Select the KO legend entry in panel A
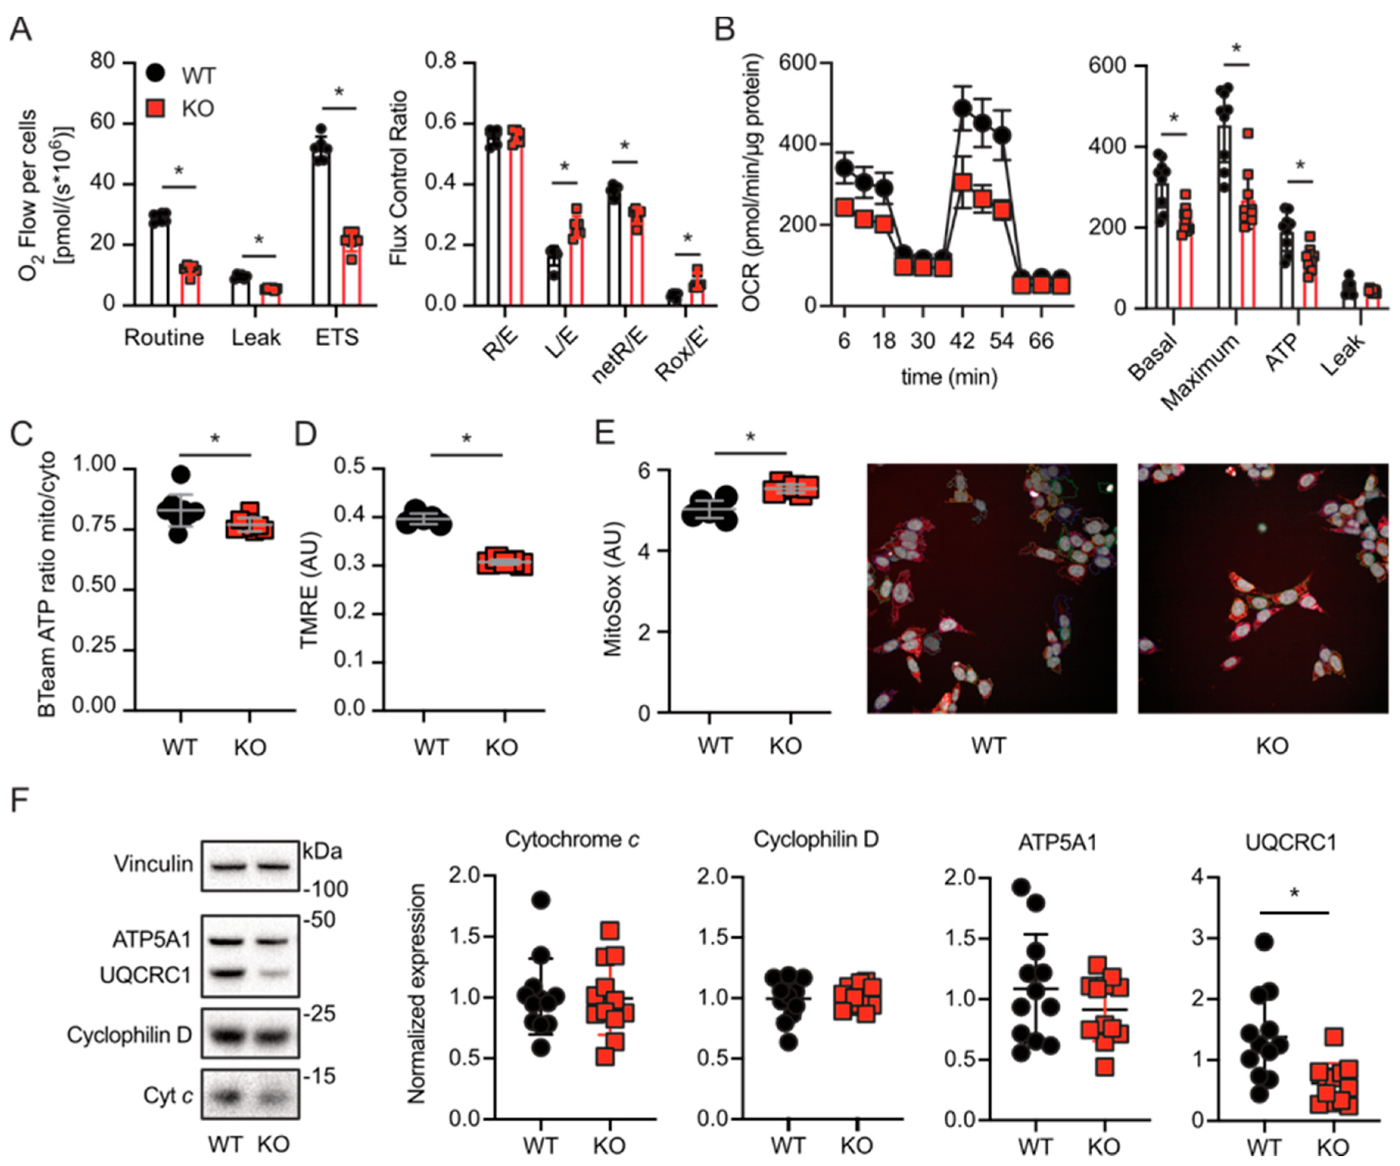pos(197,109)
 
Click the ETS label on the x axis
pos(337,337)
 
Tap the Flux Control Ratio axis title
pos(398,179)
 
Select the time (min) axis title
pos(949,377)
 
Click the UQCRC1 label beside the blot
pos(145,975)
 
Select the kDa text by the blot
pos(323,852)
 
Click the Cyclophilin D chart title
pos(816,839)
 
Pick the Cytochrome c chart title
pos(572,839)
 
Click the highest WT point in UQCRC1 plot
pos(1265,942)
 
